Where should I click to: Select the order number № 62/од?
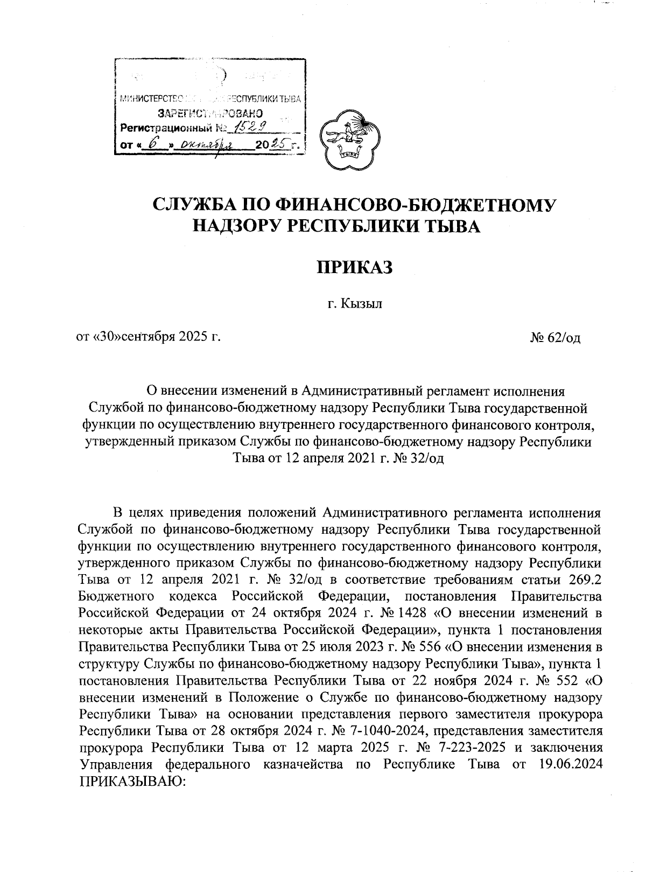point(555,338)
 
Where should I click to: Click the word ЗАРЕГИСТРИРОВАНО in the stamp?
point(210,114)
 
